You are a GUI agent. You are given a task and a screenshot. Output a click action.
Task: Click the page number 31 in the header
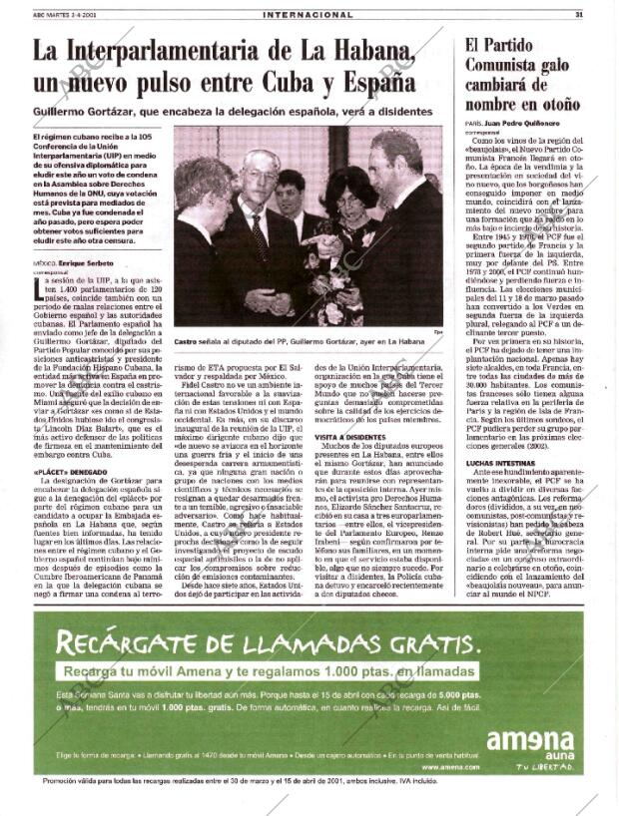click(579, 15)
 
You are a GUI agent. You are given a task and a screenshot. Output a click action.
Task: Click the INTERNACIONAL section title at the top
click(308, 15)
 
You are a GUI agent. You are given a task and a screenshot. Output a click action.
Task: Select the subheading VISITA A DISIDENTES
click(352, 437)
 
